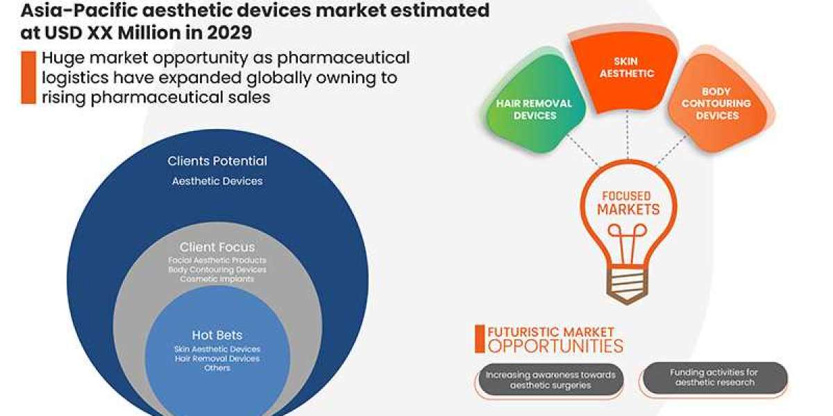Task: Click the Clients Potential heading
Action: click(x=217, y=161)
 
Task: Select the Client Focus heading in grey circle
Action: click(x=217, y=247)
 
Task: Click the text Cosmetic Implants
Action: click(x=217, y=279)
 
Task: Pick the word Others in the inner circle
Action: click(x=217, y=367)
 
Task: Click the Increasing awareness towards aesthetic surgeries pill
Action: click(x=550, y=380)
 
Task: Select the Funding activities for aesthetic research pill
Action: click(x=714, y=377)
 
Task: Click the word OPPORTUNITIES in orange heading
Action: click(x=556, y=345)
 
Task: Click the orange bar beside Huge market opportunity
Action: click(x=28, y=77)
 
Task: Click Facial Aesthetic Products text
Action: click(x=217, y=260)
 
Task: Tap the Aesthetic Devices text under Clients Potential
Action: click(x=217, y=181)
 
